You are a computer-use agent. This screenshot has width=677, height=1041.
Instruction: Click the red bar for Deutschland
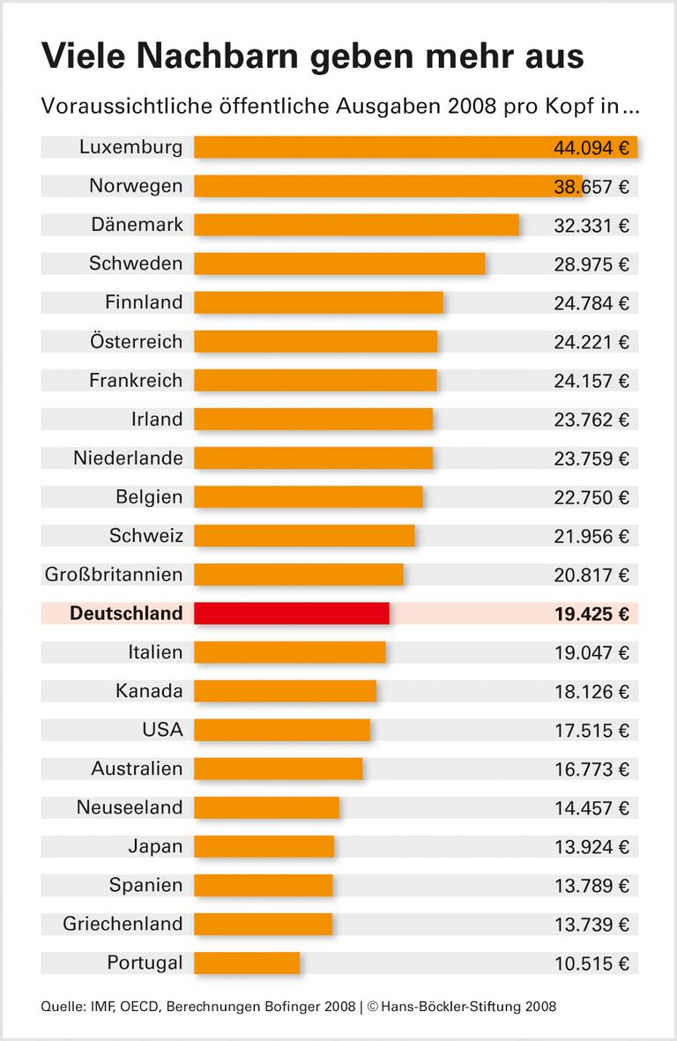pyautogui.click(x=291, y=613)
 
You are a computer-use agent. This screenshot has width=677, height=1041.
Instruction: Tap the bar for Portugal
pyautogui.click(x=247, y=963)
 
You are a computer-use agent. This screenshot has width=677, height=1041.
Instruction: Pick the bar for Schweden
pyautogui.click(x=339, y=264)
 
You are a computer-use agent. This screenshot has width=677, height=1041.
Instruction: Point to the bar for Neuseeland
pyautogui.click(x=266, y=807)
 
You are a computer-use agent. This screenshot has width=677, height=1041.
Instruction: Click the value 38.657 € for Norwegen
pyautogui.click(x=591, y=186)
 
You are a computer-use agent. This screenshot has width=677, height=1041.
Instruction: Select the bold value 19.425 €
pyautogui.click(x=591, y=613)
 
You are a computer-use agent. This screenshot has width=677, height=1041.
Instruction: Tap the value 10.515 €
pyautogui.click(x=591, y=963)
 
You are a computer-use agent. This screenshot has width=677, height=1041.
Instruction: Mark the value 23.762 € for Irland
pyautogui.click(x=591, y=420)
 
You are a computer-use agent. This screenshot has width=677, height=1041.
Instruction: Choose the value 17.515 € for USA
pyautogui.click(x=591, y=730)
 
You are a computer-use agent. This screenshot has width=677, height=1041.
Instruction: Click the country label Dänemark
pyautogui.click(x=137, y=225)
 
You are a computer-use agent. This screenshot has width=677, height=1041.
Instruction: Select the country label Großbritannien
pyautogui.click(x=114, y=575)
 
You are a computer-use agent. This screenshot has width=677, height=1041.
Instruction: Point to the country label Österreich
pyautogui.click(x=136, y=341)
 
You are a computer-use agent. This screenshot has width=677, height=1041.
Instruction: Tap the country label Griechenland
pyautogui.click(x=123, y=924)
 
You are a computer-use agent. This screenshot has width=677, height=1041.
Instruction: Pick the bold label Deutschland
pyautogui.click(x=126, y=613)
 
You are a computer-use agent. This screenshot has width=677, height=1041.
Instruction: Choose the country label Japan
pyautogui.click(x=155, y=846)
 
